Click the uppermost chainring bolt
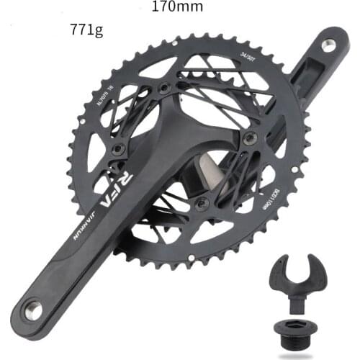coord(165,88)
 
